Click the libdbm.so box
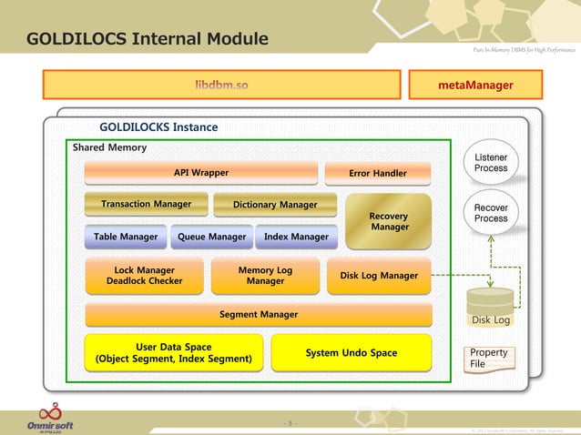(221, 85)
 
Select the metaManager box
(475, 85)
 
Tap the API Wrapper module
(201, 172)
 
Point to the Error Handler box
(378, 173)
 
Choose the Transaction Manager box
(146, 205)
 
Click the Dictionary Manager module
(275, 205)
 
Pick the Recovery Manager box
(389, 221)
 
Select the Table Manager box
(126, 237)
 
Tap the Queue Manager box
(211, 237)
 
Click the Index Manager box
(296, 237)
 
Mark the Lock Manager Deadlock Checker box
(144, 276)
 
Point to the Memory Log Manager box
(265, 276)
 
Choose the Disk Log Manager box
(378, 276)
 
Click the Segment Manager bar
(258, 315)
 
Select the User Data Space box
(173, 353)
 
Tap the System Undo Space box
(351, 353)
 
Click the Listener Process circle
(491, 164)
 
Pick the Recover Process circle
(491, 213)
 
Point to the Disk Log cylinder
(491, 308)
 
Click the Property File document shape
(488, 359)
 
